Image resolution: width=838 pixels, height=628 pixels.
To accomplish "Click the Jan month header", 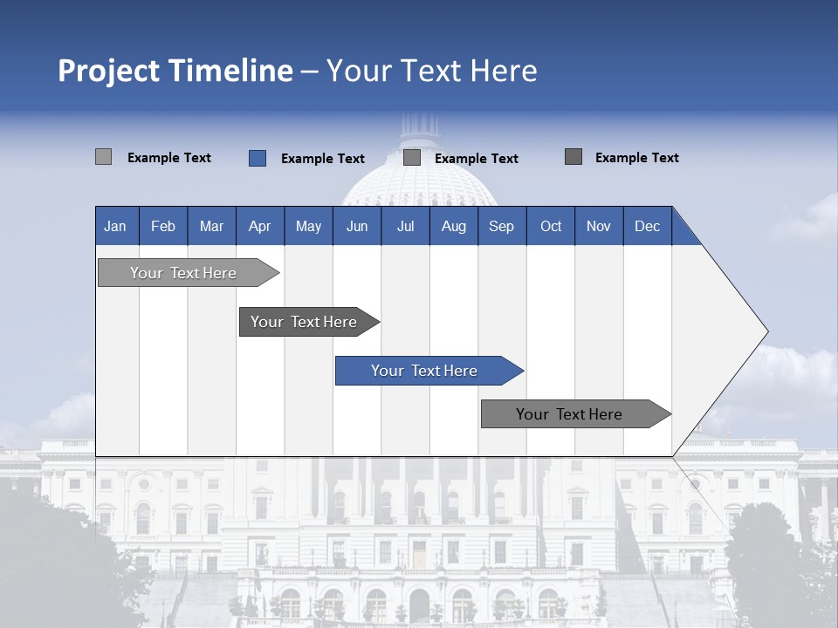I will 115,226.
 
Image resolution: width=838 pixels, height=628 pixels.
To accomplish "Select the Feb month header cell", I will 163,226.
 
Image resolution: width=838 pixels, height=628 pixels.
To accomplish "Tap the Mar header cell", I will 211,226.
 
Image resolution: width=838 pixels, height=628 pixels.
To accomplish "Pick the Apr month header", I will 259,226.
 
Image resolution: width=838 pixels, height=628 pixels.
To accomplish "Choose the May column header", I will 308,226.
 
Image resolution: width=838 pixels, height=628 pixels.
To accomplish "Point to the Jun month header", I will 357,226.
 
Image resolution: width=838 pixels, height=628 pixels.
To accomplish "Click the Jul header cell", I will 405,226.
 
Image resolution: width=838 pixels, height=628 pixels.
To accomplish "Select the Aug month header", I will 453,226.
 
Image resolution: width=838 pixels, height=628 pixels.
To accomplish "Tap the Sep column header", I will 501,226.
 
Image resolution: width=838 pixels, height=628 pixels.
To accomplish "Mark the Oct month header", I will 551,226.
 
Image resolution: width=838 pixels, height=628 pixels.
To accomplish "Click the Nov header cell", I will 599,226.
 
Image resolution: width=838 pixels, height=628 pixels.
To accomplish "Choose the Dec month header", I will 647,226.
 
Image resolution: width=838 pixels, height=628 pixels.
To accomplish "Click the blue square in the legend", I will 257,158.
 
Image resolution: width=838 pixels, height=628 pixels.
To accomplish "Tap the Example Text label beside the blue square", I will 323,159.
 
